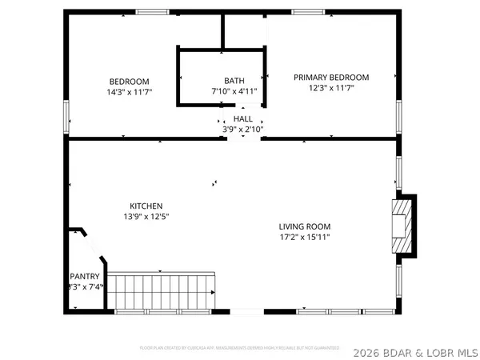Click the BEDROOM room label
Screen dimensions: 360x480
pyautogui.click(x=129, y=82)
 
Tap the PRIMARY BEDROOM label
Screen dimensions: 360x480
pyautogui.click(x=331, y=78)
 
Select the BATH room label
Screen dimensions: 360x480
pyautogui.click(x=234, y=81)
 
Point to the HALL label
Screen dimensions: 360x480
pyautogui.click(x=242, y=118)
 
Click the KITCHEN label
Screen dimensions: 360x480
pyautogui.click(x=146, y=205)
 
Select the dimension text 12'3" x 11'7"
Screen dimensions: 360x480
pyautogui.click(x=331, y=89)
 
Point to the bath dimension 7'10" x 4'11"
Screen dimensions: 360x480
pyautogui.click(x=234, y=92)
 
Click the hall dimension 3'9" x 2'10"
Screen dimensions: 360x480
pyautogui.click(x=242, y=130)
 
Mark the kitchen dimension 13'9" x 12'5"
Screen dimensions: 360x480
pyautogui.click(x=146, y=216)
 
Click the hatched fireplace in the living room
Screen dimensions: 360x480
pyautogui.click(x=399, y=226)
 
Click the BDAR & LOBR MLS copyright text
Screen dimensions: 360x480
pyautogui.click(x=415, y=349)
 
